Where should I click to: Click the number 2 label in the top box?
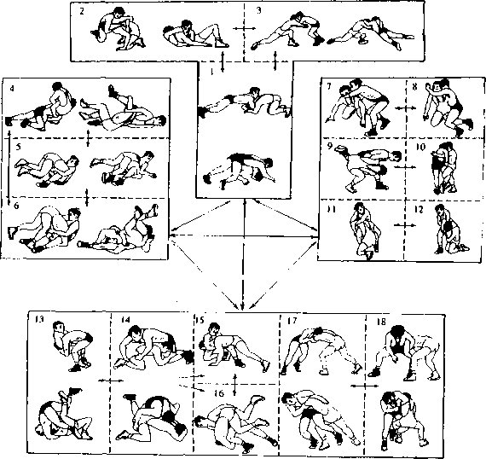tap(82, 12)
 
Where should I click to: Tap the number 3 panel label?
tap(259, 10)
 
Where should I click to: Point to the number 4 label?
tap(12, 89)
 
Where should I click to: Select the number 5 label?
tap(19, 147)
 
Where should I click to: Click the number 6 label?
tap(16, 206)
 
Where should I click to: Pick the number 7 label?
tap(328, 86)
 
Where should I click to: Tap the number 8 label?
tap(414, 87)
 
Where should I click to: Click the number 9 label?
tap(330, 146)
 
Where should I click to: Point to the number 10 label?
tap(420, 147)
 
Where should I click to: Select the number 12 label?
tap(419, 210)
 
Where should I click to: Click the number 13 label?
tap(39, 319)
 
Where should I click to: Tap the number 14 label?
tap(125, 320)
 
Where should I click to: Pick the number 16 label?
tap(219, 393)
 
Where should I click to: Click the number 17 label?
tap(292, 321)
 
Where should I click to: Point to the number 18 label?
tap(381, 322)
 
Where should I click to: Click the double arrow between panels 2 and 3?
tap(244, 28)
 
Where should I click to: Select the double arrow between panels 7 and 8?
tap(406, 107)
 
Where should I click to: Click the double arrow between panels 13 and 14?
tap(111, 381)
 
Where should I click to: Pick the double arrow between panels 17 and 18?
tap(365, 386)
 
